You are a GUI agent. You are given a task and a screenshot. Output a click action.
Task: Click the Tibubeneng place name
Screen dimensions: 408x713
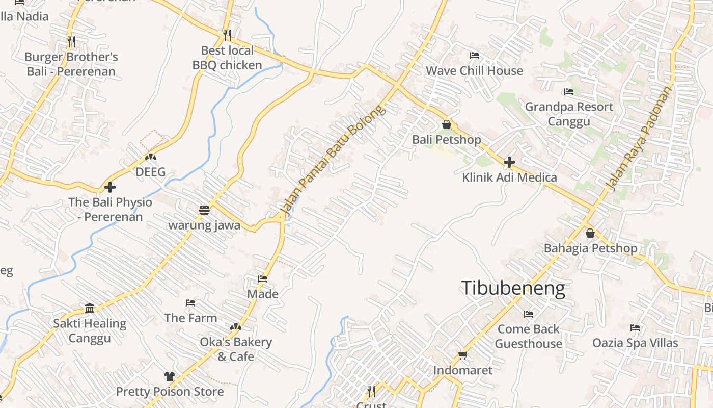513,289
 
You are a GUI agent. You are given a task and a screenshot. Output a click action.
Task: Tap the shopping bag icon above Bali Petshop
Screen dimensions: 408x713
447,124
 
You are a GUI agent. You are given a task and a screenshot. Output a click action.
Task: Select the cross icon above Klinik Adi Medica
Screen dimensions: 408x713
509,163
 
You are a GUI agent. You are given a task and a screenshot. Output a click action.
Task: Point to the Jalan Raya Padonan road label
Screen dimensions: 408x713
639,139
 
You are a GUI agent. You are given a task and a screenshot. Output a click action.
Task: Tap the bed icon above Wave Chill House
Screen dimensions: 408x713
474,56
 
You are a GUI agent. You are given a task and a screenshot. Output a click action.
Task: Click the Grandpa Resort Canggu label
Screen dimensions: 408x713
569,114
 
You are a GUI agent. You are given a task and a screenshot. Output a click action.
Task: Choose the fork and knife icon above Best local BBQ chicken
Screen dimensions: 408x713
227,35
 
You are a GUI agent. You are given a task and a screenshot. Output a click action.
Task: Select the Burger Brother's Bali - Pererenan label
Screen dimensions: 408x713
71,64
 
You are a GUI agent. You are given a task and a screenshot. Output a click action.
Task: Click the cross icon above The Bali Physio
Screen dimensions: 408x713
110,187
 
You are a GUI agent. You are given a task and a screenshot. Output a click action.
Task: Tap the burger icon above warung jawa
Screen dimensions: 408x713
204,210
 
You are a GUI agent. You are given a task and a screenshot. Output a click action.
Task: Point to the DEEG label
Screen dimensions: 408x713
151,172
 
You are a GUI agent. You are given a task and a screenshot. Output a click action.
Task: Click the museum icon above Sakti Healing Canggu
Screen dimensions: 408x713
90,308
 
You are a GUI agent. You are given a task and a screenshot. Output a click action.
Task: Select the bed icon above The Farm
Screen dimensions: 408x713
190,303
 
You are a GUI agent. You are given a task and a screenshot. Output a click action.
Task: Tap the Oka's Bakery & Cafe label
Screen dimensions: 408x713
236,349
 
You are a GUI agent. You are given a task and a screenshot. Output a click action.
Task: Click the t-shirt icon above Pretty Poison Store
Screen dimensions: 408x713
170,376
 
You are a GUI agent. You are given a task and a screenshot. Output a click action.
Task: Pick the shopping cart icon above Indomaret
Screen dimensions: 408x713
462,355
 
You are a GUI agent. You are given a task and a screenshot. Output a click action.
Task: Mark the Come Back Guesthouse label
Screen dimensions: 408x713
528,336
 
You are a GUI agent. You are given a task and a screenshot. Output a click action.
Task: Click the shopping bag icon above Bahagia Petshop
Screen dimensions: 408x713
590,233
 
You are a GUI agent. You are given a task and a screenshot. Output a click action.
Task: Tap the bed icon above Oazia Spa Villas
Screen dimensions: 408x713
635,327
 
